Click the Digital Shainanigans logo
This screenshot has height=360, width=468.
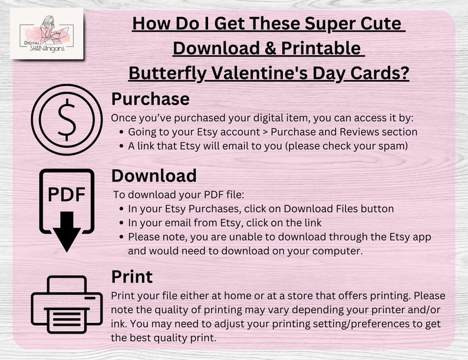[x=47, y=34]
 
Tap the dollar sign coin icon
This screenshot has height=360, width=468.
[x=67, y=119]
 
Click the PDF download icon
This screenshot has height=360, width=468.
[x=67, y=210]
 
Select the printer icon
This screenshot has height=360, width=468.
[x=67, y=305]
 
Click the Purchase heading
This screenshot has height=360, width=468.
[x=150, y=100]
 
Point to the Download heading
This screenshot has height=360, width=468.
[x=154, y=176]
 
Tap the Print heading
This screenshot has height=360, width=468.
[x=132, y=277]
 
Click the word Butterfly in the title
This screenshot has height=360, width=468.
[x=167, y=74]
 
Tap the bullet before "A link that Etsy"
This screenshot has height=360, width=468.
[x=121, y=147]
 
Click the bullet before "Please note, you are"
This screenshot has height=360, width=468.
[x=121, y=237]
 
